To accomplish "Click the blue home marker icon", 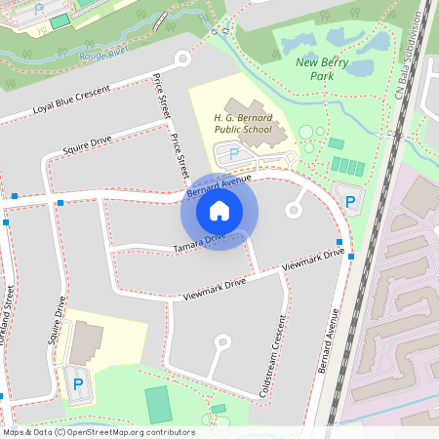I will (x=219, y=211).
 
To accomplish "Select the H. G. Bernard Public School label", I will (x=243, y=124).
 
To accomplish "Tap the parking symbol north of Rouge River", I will (x=39, y=9).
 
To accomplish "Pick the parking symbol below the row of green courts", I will (x=349, y=202).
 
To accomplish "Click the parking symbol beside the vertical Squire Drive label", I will (x=77, y=384).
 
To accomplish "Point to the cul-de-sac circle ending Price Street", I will (x=181, y=59).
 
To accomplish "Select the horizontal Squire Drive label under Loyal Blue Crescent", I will (x=88, y=146).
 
